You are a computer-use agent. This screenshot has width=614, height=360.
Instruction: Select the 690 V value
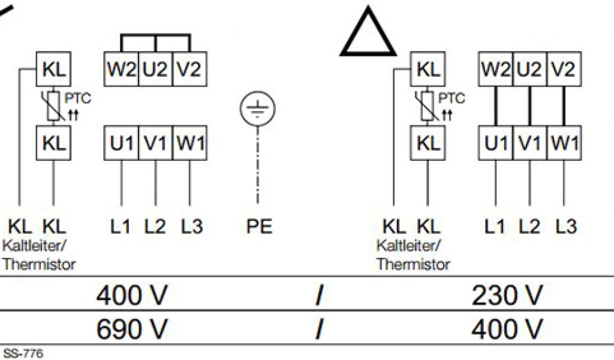[132, 328]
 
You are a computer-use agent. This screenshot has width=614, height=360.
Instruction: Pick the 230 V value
[507, 295]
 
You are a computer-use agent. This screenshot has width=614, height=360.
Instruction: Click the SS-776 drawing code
[23, 353]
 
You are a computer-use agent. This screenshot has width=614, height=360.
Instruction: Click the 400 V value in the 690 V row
[507, 328]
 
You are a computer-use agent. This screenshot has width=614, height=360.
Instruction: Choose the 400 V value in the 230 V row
[132, 295]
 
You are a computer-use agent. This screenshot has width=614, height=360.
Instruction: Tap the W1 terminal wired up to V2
[564, 144]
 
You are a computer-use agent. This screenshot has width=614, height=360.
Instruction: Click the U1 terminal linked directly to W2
[495, 144]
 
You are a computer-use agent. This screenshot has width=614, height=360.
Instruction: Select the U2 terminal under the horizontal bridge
[156, 70]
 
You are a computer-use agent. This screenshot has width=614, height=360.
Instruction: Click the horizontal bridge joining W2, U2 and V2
[156, 35]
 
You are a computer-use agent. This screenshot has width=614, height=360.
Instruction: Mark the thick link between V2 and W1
[564, 107]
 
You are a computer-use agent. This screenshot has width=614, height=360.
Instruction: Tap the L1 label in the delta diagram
[495, 226]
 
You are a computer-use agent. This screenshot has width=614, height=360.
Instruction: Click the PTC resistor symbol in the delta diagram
[428, 107]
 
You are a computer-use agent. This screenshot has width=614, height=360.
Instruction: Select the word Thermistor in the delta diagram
[413, 263]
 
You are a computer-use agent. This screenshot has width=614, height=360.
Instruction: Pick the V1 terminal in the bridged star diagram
[156, 144]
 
